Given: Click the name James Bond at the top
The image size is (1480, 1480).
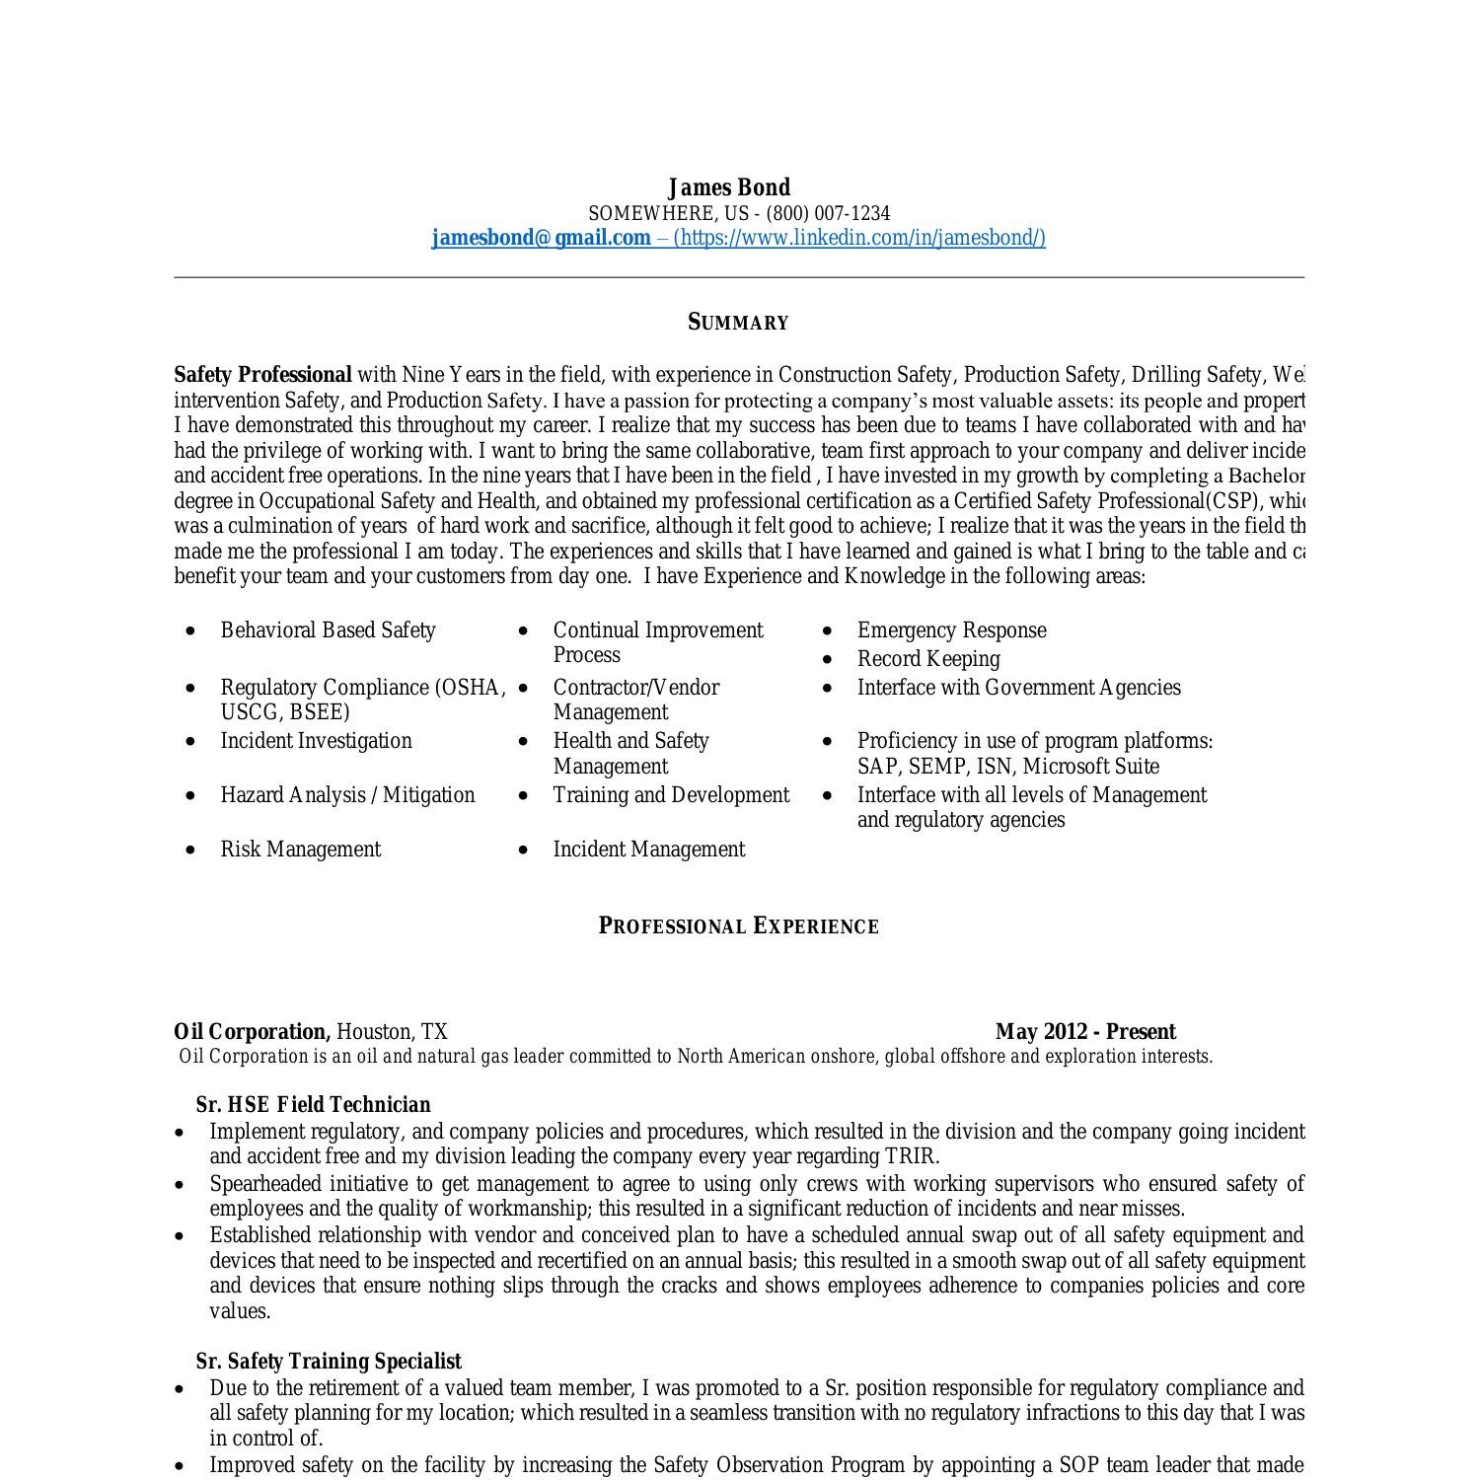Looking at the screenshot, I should pyautogui.click(x=729, y=187).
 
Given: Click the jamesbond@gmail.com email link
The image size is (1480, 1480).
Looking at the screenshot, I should pyautogui.click(x=541, y=238).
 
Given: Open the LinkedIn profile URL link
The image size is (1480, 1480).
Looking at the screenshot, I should pyautogui.click(x=858, y=238).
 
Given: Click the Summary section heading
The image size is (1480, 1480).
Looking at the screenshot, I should pyautogui.click(x=738, y=323).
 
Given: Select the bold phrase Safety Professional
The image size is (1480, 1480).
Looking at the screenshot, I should pyautogui.click(x=262, y=375).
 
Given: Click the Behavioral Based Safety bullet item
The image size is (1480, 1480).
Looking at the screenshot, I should pyautogui.click(x=328, y=630).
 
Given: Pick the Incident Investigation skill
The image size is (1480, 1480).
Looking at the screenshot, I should pyautogui.click(x=316, y=741).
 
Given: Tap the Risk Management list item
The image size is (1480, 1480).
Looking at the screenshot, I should pyautogui.click(x=300, y=850).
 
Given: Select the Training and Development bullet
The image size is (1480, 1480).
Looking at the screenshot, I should pyautogui.click(x=671, y=795).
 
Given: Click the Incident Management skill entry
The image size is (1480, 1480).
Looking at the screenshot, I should pyautogui.click(x=648, y=850).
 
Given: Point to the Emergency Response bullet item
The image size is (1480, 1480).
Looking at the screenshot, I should pyautogui.click(x=951, y=630).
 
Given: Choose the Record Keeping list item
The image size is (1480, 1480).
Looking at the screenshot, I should pyautogui.click(x=927, y=659).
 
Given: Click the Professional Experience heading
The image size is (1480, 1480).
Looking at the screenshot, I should pyautogui.click(x=738, y=926).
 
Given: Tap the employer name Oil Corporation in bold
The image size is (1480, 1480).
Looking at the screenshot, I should pyautogui.click(x=252, y=1032).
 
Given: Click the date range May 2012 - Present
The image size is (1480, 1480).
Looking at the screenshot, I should pyautogui.click(x=1085, y=1032).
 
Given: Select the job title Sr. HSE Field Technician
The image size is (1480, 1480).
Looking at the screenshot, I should pyautogui.click(x=313, y=1105).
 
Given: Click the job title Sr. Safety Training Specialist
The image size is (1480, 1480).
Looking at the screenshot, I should pyautogui.click(x=329, y=1362).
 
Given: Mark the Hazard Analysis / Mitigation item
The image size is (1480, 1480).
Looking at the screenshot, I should pyautogui.click(x=347, y=795).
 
